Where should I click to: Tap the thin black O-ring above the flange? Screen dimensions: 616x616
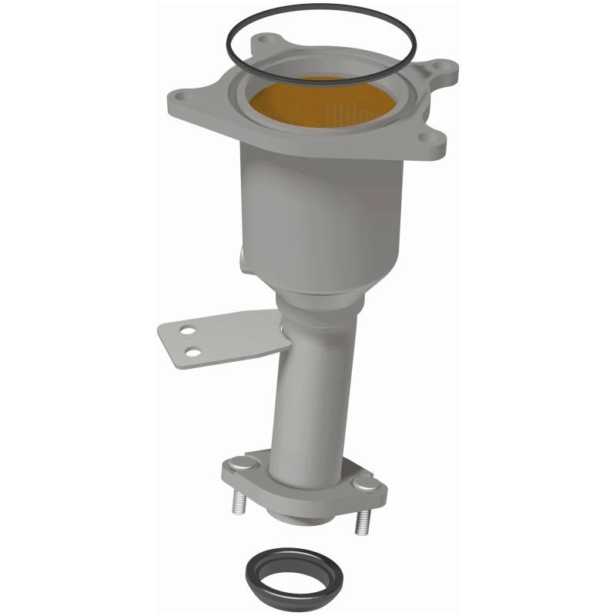[231, 47]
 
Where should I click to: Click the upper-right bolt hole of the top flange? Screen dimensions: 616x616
[440, 67]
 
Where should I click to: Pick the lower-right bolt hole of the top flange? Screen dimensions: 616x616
[423, 138]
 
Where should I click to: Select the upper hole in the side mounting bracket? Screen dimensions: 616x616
[186, 333]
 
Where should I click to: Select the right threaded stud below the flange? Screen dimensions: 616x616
[359, 524]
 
